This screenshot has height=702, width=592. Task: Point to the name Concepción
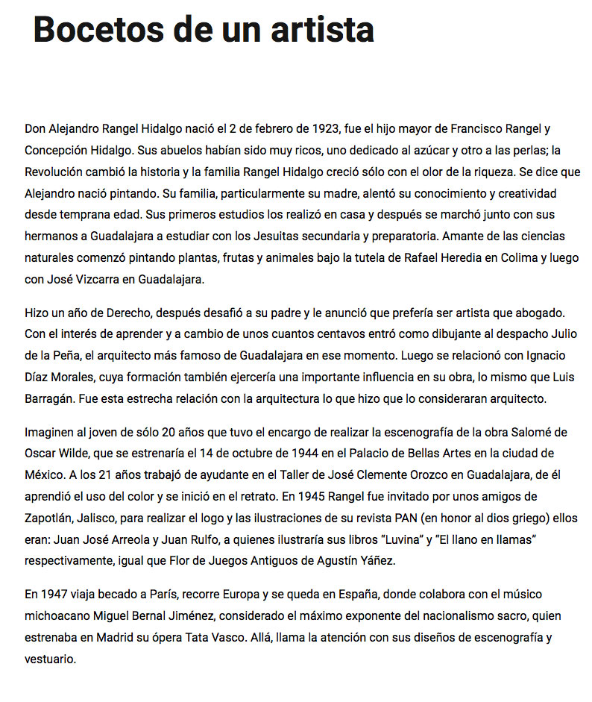click(53, 150)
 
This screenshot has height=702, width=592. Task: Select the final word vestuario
click(50, 659)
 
